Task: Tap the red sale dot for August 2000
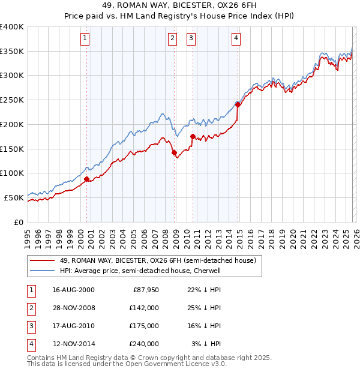86,179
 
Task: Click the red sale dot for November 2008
175,153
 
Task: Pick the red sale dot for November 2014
238,104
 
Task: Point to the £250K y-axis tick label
12,100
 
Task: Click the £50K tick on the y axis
14,197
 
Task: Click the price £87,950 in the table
145,290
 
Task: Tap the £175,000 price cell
144,326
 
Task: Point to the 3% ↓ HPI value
206,344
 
